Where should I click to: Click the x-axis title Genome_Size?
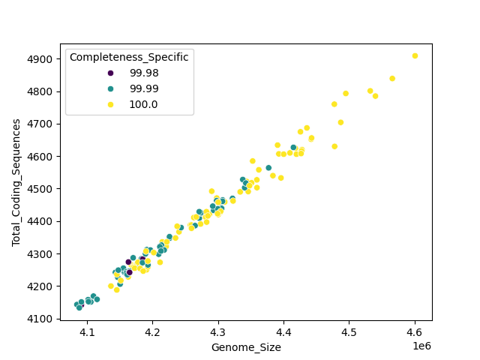[246, 347]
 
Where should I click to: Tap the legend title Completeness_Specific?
[129, 57]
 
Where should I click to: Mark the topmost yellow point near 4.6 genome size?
[415, 56]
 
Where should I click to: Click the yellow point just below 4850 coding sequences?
[392, 79]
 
